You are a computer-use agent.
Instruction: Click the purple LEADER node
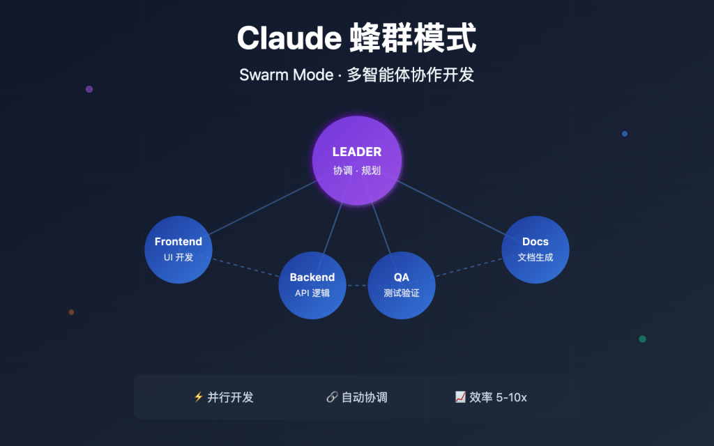[356, 160]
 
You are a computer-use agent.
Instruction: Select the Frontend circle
[178, 249]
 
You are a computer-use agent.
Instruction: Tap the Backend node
[312, 285]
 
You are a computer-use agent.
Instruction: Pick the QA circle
[402, 285]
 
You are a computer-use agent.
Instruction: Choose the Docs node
[535, 249]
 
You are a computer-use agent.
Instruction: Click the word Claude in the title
[287, 38]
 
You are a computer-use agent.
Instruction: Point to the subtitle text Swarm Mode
[286, 75]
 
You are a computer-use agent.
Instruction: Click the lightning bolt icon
[198, 397]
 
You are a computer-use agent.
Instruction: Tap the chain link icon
[332, 397]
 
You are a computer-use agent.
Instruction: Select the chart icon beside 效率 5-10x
[460, 397]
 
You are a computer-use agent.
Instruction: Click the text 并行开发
[231, 397]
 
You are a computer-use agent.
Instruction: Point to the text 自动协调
[364, 397]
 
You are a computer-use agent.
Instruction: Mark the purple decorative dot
[89, 89]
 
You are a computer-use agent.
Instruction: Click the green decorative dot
[642, 339]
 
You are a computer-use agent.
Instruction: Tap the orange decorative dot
[71, 312]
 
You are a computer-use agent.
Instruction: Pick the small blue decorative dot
[625, 134]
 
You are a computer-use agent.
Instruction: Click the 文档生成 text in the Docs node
[535, 257]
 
